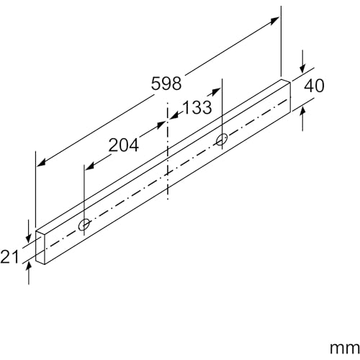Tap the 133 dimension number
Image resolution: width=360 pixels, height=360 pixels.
click(195, 107)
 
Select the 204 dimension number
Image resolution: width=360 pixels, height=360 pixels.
click(123, 145)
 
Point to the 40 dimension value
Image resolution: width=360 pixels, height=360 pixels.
click(315, 85)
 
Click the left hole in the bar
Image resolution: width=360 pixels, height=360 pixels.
click(85, 226)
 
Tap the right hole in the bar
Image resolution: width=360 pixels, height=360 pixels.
click(222, 138)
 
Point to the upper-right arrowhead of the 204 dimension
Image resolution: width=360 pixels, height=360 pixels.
click(163, 124)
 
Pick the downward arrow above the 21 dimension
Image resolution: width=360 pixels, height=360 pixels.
click(28, 235)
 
